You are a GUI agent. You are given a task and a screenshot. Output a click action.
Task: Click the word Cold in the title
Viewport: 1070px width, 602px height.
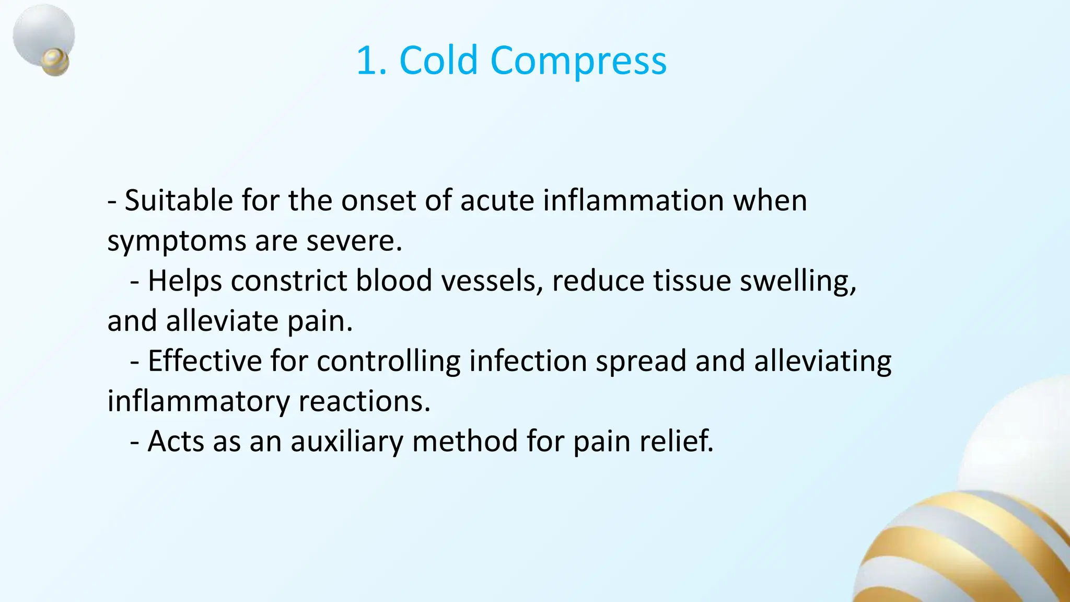[438, 61]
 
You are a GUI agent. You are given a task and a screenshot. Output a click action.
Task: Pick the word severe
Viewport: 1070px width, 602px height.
[354, 241]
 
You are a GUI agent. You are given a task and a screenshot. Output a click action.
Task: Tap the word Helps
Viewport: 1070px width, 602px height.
[185, 281]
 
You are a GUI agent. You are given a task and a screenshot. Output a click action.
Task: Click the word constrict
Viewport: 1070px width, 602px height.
[289, 281]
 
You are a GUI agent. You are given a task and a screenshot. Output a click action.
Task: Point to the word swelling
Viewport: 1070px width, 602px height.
[798, 282]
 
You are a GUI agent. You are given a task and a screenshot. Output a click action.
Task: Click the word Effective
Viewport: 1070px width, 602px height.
[204, 361]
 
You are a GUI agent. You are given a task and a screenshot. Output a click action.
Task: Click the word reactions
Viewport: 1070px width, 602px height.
[364, 401]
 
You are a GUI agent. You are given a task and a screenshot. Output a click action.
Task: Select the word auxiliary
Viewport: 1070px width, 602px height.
[347, 442]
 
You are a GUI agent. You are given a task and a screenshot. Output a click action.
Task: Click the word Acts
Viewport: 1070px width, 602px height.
[176, 442]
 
